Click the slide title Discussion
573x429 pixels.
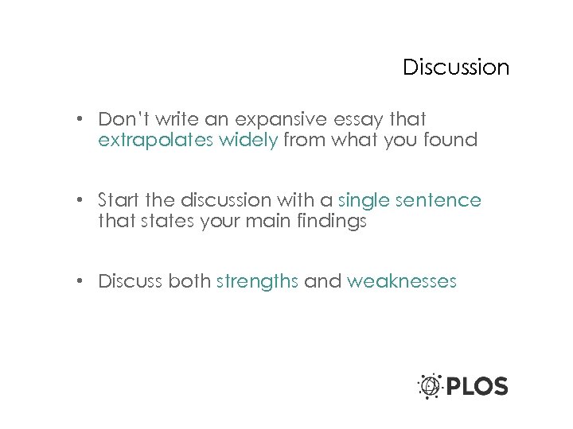click(x=455, y=68)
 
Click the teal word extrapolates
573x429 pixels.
click(x=147, y=141)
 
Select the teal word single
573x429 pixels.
click(x=364, y=200)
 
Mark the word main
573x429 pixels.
click(x=269, y=222)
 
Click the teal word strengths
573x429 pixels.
click(x=257, y=281)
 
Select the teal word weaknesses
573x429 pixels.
click(x=402, y=281)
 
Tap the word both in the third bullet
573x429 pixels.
click(x=189, y=281)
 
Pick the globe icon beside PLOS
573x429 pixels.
click(x=431, y=386)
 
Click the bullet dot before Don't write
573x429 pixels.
click(x=81, y=120)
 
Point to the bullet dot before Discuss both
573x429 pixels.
click(x=81, y=282)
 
